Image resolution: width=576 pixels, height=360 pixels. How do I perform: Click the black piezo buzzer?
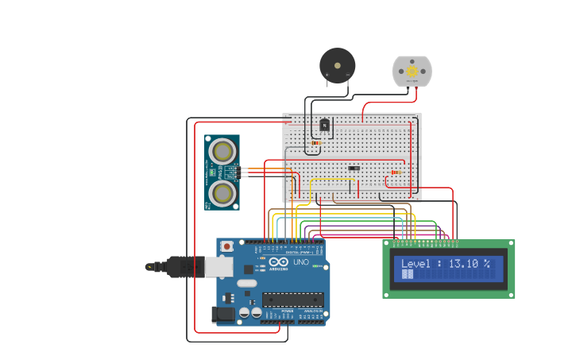tap(337, 65)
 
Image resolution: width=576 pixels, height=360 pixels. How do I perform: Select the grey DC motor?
tap(412, 72)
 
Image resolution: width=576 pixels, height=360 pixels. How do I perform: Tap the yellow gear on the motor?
tap(412, 72)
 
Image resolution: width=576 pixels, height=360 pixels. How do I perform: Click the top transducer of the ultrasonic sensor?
tap(222, 151)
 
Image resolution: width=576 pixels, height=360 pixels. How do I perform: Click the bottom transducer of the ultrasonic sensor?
tap(222, 192)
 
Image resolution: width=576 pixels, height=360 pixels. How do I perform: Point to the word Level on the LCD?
tap(417, 264)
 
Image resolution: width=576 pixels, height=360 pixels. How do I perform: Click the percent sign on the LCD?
tap(486, 264)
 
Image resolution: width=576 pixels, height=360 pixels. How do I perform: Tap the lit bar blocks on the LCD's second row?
tap(408, 274)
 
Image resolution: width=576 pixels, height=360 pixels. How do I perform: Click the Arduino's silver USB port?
tap(219, 267)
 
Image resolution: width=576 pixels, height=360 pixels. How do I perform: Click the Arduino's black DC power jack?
tap(223, 314)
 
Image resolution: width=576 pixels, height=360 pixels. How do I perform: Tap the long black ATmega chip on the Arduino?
tap(292, 300)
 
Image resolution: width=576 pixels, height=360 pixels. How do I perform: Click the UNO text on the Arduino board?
tap(301, 262)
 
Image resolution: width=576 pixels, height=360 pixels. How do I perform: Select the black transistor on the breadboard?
tap(324, 124)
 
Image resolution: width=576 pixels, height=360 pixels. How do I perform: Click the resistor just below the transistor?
tap(315, 143)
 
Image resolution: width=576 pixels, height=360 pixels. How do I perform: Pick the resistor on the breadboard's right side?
tap(396, 172)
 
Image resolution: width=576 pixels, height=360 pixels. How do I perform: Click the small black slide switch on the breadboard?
tap(354, 168)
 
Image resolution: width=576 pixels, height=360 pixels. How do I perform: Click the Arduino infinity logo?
tap(279, 262)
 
